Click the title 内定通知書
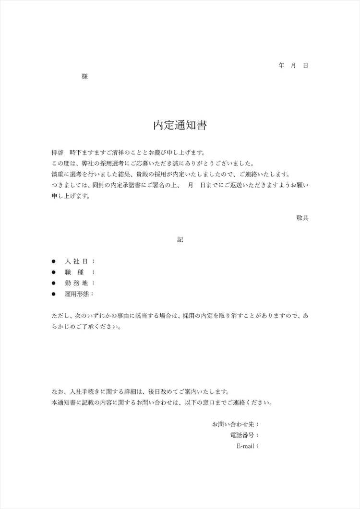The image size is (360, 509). click(180, 125)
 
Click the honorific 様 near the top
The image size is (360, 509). click(85, 76)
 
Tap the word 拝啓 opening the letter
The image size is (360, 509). click(57, 153)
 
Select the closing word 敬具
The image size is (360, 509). click(302, 217)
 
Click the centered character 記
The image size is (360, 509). click(180, 240)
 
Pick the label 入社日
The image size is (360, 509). click(76, 261)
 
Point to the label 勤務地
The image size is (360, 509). click(76, 283)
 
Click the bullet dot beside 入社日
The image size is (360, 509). click(54, 261)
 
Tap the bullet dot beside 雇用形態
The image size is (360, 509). click(54, 294)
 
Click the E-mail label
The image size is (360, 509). click(246, 446)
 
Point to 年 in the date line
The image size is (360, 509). click(281, 65)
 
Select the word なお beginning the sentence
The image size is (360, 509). click(57, 391)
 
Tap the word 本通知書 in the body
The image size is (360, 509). click(63, 402)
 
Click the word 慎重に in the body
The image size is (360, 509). click(60, 174)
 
